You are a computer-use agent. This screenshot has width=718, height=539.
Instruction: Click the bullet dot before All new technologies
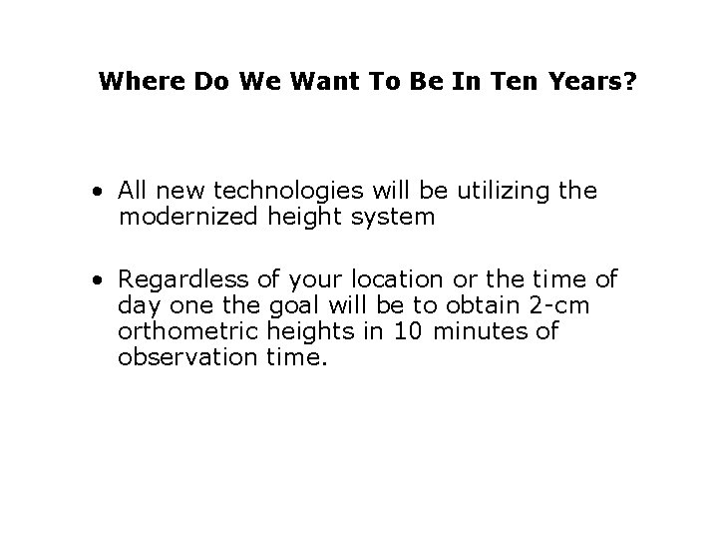[103, 191]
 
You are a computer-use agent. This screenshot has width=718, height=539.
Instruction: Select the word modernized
[186, 216]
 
